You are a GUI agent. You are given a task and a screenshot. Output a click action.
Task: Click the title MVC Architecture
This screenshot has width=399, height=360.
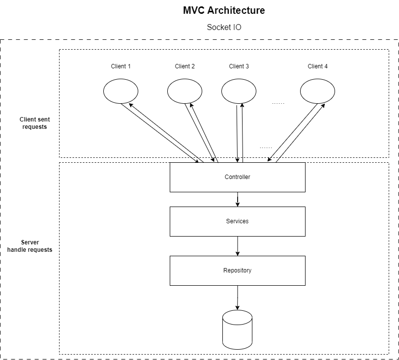[224, 10]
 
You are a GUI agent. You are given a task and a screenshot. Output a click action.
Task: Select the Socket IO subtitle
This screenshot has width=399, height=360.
[224, 27]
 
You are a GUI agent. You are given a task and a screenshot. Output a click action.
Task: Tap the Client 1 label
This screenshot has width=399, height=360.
[121, 66]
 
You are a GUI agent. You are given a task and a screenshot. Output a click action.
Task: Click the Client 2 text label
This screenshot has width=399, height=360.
[184, 66]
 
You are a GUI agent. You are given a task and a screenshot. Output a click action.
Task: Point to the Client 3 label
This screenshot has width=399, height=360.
[239, 66]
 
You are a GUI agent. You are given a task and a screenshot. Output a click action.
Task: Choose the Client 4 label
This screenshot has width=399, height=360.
[317, 66]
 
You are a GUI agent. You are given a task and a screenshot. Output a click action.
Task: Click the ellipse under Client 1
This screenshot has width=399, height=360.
[121, 91]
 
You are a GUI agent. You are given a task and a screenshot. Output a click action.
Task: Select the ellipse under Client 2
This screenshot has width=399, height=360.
[184, 91]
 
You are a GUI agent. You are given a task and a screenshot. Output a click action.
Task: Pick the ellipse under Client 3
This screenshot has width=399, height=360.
[239, 91]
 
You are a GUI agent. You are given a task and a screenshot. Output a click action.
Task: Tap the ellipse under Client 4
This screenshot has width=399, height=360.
[317, 91]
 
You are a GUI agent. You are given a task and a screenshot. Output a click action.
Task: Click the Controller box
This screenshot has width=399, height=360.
[237, 177]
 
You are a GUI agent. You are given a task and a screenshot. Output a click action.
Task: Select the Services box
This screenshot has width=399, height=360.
[237, 221]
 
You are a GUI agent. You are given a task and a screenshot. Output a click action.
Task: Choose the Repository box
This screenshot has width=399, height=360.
[237, 270]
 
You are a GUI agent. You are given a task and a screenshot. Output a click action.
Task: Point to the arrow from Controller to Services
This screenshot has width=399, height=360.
[238, 199]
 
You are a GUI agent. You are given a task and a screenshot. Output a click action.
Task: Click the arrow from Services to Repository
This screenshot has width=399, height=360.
[238, 246]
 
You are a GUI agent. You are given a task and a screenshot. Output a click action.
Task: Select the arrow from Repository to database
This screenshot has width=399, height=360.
[238, 298]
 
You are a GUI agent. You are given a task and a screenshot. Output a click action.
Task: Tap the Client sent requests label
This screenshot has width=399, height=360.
[34, 123]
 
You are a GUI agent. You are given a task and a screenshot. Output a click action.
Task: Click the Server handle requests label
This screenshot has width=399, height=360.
[30, 246]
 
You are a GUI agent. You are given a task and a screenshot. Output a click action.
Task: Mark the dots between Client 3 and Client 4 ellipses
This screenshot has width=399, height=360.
[278, 103]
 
